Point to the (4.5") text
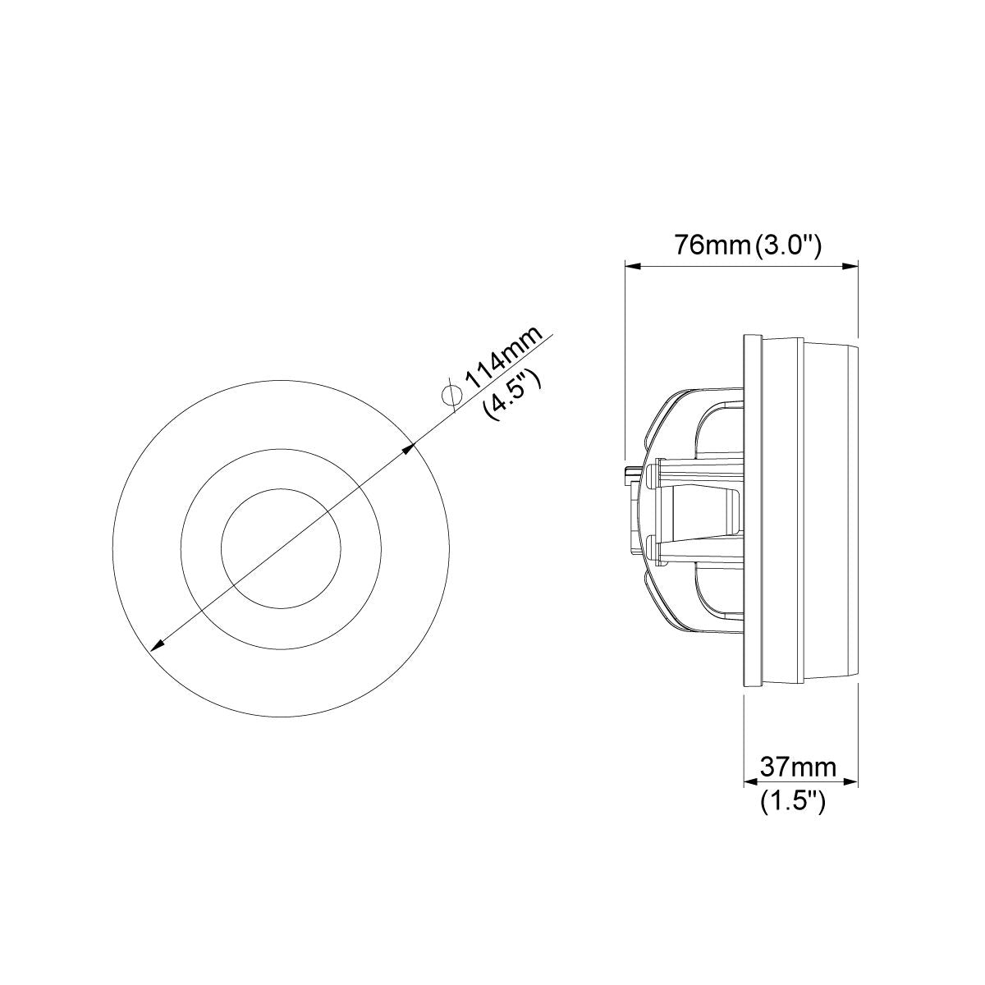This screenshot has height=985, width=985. point(513,395)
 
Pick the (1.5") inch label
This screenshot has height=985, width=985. point(793,801)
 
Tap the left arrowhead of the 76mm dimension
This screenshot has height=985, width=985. point(633,266)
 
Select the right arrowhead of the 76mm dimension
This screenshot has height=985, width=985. point(850,266)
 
